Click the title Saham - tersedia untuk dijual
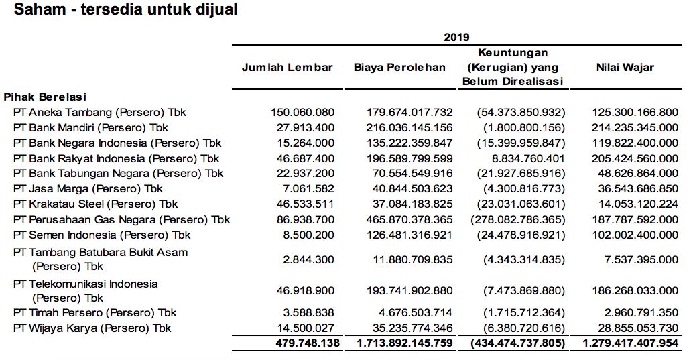tap(125, 10)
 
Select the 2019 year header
tap(456, 37)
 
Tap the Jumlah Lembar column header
tap(288, 67)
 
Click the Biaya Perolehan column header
tap(399, 67)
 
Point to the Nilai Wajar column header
tap(625, 67)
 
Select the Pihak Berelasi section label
tap(45, 97)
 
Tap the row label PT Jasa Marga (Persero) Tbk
tap(88, 188)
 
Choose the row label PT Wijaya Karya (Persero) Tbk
tap(92, 328)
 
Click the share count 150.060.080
tap(303, 112)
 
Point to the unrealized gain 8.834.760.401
tap(526, 158)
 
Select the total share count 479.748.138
tap(308, 343)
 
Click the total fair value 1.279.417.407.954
tap(631, 343)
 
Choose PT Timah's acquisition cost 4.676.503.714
tap(416, 312)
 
